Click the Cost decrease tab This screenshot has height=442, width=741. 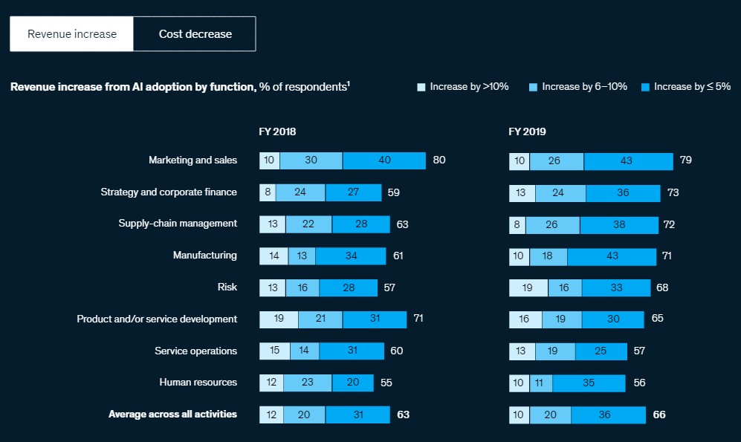pyautogui.click(x=195, y=34)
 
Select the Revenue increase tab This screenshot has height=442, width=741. pyautogui.click(x=71, y=34)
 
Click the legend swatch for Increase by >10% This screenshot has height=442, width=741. pyautogui.click(x=421, y=87)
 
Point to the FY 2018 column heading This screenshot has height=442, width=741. pyautogui.click(x=278, y=131)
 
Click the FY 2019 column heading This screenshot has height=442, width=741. pyautogui.click(x=527, y=131)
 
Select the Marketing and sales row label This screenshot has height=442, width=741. pyautogui.click(x=192, y=160)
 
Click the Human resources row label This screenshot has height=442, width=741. pyautogui.click(x=198, y=382)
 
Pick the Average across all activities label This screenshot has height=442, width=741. pyautogui.click(x=172, y=414)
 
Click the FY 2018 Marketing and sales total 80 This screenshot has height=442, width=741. pyautogui.click(x=439, y=160)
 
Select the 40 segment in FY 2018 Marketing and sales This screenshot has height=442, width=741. pyautogui.click(x=384, y=160)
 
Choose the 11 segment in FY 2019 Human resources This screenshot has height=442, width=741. pyautogui.click(x=540, y=383)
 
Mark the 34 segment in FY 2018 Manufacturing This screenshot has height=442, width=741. pyautogui.click(x=350, y=256)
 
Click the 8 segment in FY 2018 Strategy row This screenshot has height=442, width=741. pyautogui.click(x=268, y=192)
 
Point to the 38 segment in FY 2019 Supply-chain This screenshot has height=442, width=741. pyautogui.click(x=618, y=224)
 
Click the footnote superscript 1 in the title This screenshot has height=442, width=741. pyautogui.click(x=349, y=84)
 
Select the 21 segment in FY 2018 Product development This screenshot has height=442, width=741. pyautogui.click(x=320, y=319)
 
